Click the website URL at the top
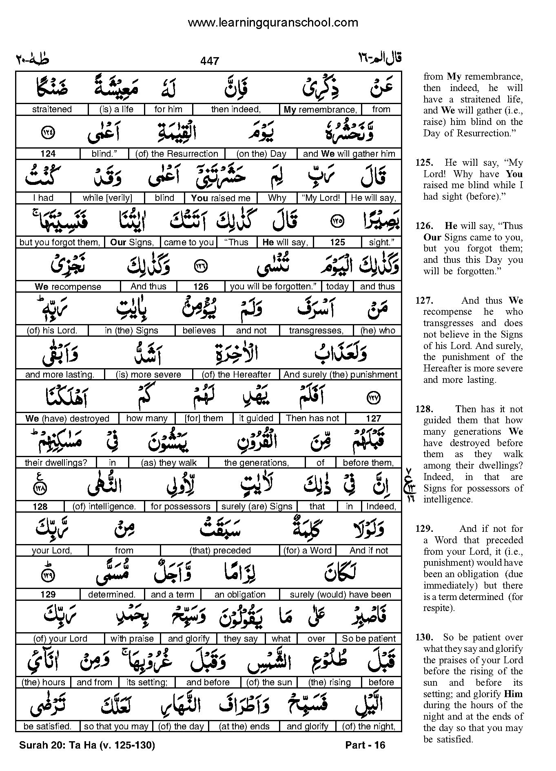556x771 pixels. coord(273,22)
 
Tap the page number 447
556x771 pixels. coord(210,61)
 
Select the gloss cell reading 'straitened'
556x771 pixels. coord(52,109)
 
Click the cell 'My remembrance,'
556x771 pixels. coord(320,109)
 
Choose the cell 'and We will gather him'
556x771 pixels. coord(349,154)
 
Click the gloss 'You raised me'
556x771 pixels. coord(220,198)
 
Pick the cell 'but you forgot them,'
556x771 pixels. coord(60,242)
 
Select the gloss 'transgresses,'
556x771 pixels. coord(316,331)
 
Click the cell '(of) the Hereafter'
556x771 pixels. coord(237,375)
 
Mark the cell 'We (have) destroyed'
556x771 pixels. coord(67,418)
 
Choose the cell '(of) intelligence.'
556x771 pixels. coord(104,507)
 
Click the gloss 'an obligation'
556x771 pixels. coord(240,595)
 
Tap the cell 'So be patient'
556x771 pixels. coord(369,638)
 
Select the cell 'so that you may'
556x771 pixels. coord(116,727)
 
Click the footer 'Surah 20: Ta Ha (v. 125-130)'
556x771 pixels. coord(87,745)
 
